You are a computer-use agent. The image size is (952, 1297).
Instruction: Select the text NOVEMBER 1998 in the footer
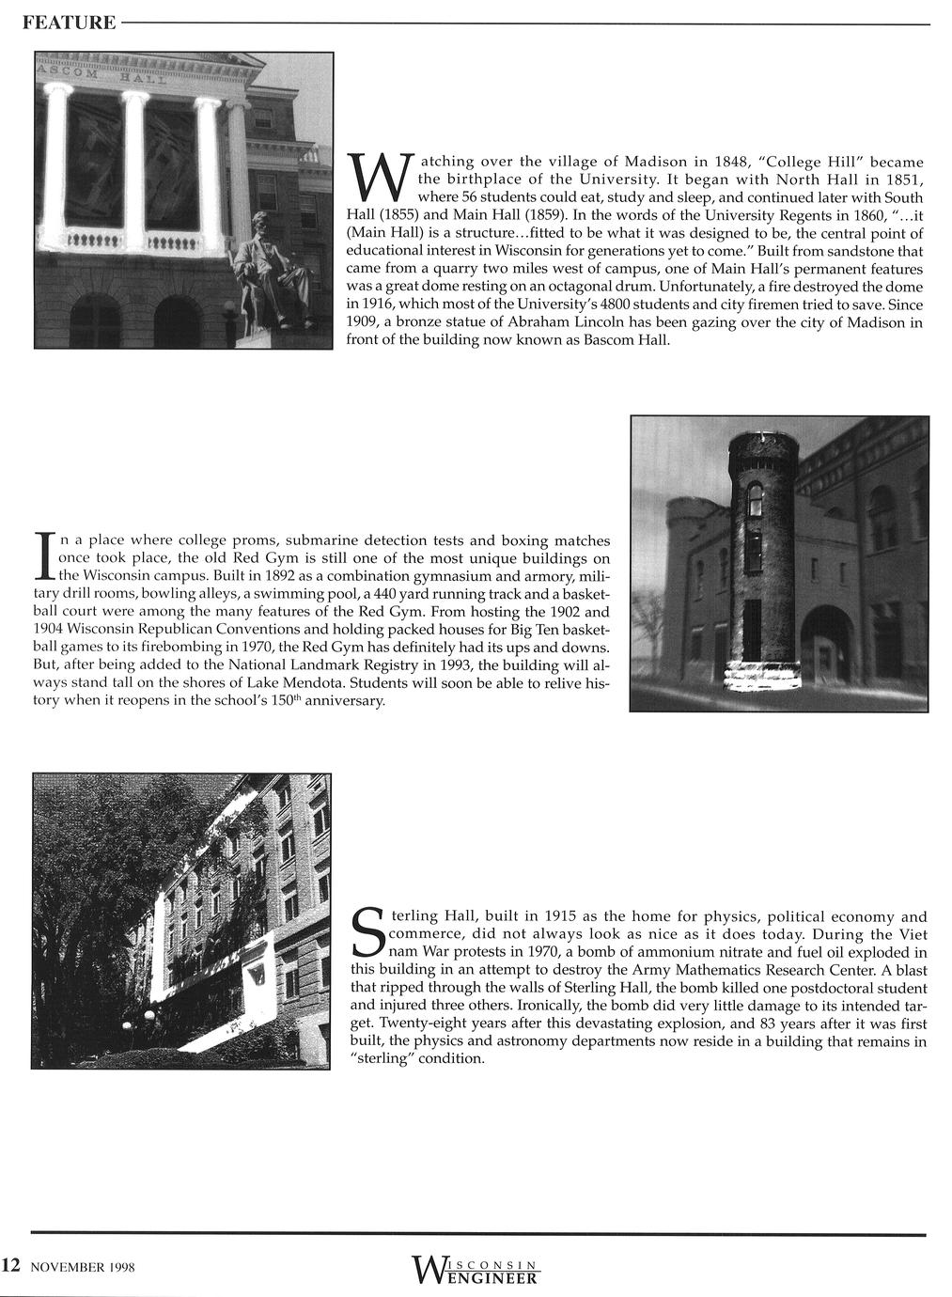point(84,1267)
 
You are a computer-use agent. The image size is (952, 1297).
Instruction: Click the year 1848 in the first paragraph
point(723,162)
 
